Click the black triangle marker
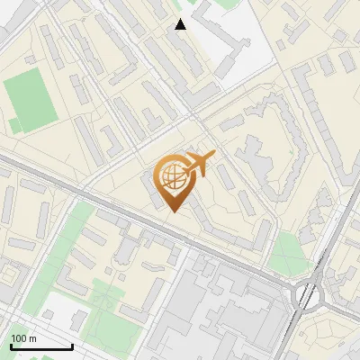tap(181, 24)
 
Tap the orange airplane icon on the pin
tap(200, 164)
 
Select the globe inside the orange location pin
tap(172, 175)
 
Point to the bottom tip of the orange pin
tap(172, 212)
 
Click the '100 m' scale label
tap(23, 338)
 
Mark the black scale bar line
tap(40, 346)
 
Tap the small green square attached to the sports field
tap(14, 125)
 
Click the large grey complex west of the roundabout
tap(225, 310)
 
